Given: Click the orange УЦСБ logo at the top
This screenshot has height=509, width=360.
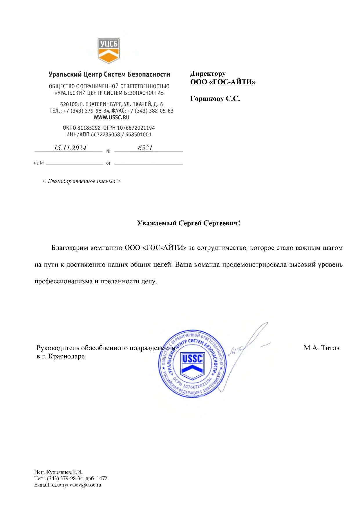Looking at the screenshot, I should [109, 50].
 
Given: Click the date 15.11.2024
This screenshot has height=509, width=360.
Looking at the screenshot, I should [70, 148].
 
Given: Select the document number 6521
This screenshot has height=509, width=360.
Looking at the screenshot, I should [145, 148].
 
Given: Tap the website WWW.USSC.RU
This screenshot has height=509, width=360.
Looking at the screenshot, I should [111, 117].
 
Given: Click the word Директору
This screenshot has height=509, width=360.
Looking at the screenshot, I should [208, 74].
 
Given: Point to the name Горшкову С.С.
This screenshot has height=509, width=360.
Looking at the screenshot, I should [215, 99].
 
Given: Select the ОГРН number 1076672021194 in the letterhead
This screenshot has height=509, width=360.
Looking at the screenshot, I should [136, 128].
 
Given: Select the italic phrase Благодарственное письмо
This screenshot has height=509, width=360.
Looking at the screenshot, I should [82, 182].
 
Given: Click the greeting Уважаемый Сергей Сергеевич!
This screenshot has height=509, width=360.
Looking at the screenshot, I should [189, 223].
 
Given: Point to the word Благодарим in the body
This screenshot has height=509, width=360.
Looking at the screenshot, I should [70, 248].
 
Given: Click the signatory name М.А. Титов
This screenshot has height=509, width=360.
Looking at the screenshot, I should [321, 348].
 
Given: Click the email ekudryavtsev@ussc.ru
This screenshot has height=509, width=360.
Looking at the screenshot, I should [77, 485].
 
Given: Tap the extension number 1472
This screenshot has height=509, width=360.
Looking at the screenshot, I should [102, 478].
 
